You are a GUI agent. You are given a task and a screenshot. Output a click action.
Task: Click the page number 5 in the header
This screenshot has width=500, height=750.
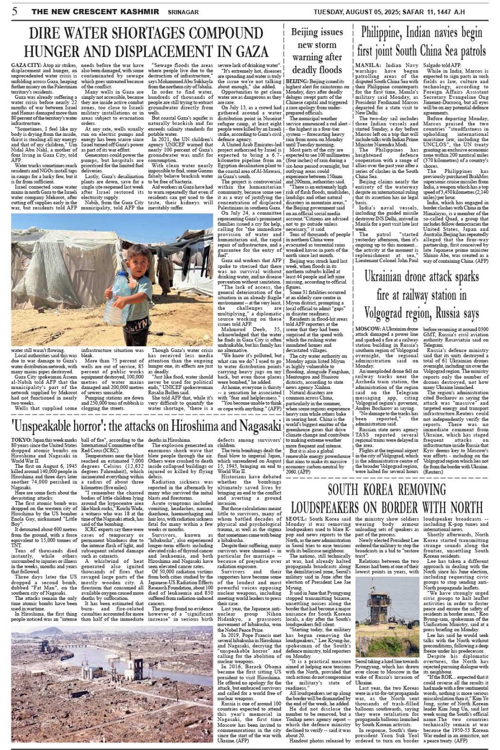point(15,11)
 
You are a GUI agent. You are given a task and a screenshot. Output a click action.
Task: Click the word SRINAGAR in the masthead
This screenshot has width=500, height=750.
point(184,12)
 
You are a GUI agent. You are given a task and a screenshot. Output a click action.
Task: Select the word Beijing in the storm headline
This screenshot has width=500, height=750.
point(310,32)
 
